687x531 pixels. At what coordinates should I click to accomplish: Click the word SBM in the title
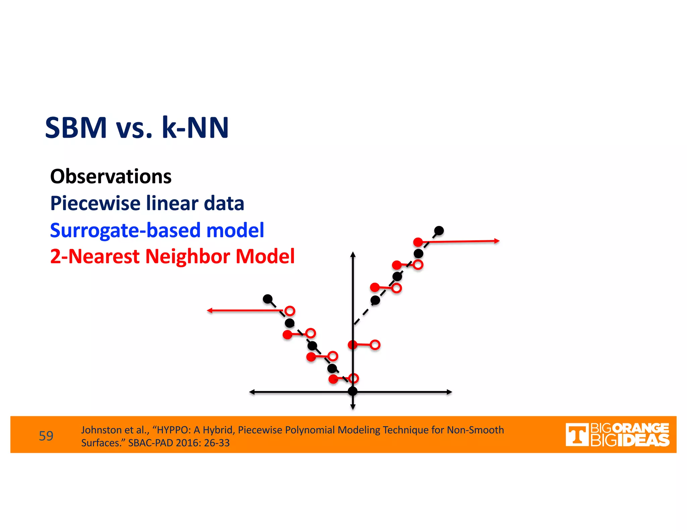click(76, 128)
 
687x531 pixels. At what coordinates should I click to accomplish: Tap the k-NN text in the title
click(195, 128)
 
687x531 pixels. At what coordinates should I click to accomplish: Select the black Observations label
click(111, 177)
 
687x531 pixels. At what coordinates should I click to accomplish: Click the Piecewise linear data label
click(147, 203)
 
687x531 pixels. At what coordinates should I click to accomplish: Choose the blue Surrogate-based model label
click(157, 230)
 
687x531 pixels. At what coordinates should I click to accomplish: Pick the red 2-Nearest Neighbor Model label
click(172, 256)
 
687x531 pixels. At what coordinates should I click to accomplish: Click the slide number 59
click(46, 436)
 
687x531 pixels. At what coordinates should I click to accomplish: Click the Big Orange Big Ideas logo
click(617, 435)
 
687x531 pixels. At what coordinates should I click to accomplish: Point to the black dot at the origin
click(353, 391)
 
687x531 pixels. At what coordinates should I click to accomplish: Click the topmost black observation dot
click(439, 231)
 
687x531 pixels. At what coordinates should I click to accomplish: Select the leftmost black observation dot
click(267, 299)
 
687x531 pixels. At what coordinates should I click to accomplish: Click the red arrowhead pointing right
click(497, 241)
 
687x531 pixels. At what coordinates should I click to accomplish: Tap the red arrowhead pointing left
click(210, 310)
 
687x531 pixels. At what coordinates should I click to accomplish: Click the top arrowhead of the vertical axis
click(353, 254)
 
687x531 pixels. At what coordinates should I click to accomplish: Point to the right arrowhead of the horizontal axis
click(450, 392)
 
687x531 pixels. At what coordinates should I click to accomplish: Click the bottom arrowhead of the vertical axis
click(353, 407)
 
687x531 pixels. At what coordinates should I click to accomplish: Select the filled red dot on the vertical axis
click(353, 345)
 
